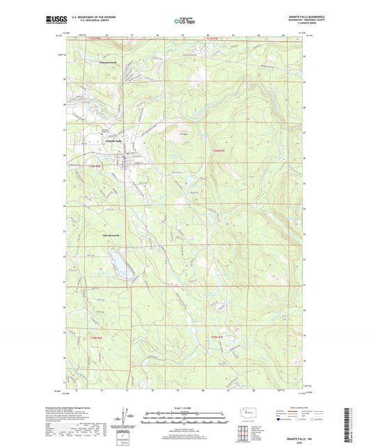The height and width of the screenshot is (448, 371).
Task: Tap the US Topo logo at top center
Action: click(x=185, y=22)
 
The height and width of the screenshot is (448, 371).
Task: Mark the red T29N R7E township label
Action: click(x=217, y=337)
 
